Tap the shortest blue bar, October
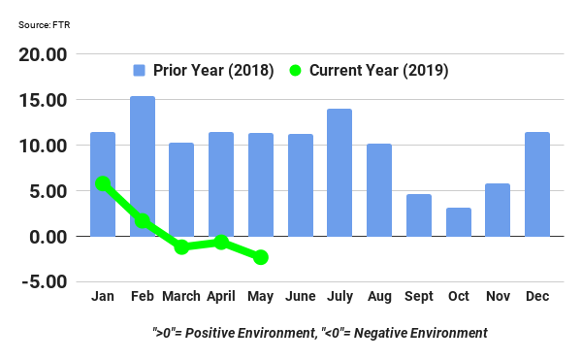[x=458, y=222]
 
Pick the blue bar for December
[x=536, y=184]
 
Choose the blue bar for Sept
[x=418, y=215]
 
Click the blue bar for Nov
[x=497, y=210]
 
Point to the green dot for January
[x=103, y=183]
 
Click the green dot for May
[x=260, y=257]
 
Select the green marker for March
[x=181, y=247]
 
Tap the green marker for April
[x=221, y=242]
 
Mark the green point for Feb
[x=142, y=221]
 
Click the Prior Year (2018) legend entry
[x=204, y=70]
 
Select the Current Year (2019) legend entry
[x=369, y=70]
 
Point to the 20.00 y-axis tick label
[x=44, y=54]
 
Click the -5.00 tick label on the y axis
[x=44, y=282]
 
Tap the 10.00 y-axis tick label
[x=44, y=146]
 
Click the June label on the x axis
[x=300, y=295]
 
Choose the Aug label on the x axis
[x=378, y=295]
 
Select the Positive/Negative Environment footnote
[x=319, y=333]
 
